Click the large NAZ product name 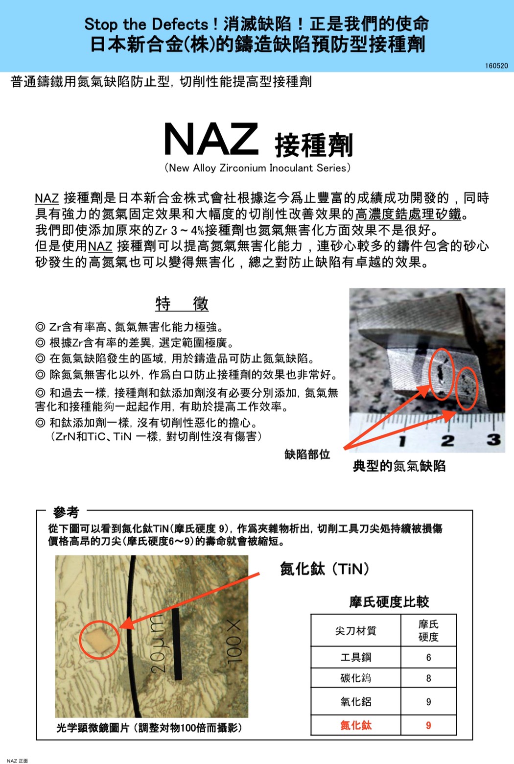click(x=211, y=140)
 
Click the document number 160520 click(x=496, y=66)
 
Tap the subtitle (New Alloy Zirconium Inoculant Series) click(x=257, y=168)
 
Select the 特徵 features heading click(x=182, y=304)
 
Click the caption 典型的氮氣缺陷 click(x=399, y=466)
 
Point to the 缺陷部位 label click(x=307, y=454)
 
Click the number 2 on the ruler click(x=447, y=440)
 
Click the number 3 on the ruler click(x=493, y=439)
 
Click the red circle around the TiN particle click(x=99, y=640)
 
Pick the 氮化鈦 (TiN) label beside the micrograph click(x=324, y=569)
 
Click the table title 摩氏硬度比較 click(x=389, y=602)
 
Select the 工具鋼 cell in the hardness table click(x=356, y=657)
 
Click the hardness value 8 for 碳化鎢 click(x=428, y=678)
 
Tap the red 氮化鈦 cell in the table click(x=356, y=725)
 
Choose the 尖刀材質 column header click(x=356, y=631)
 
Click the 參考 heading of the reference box click(x=66, y=512)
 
